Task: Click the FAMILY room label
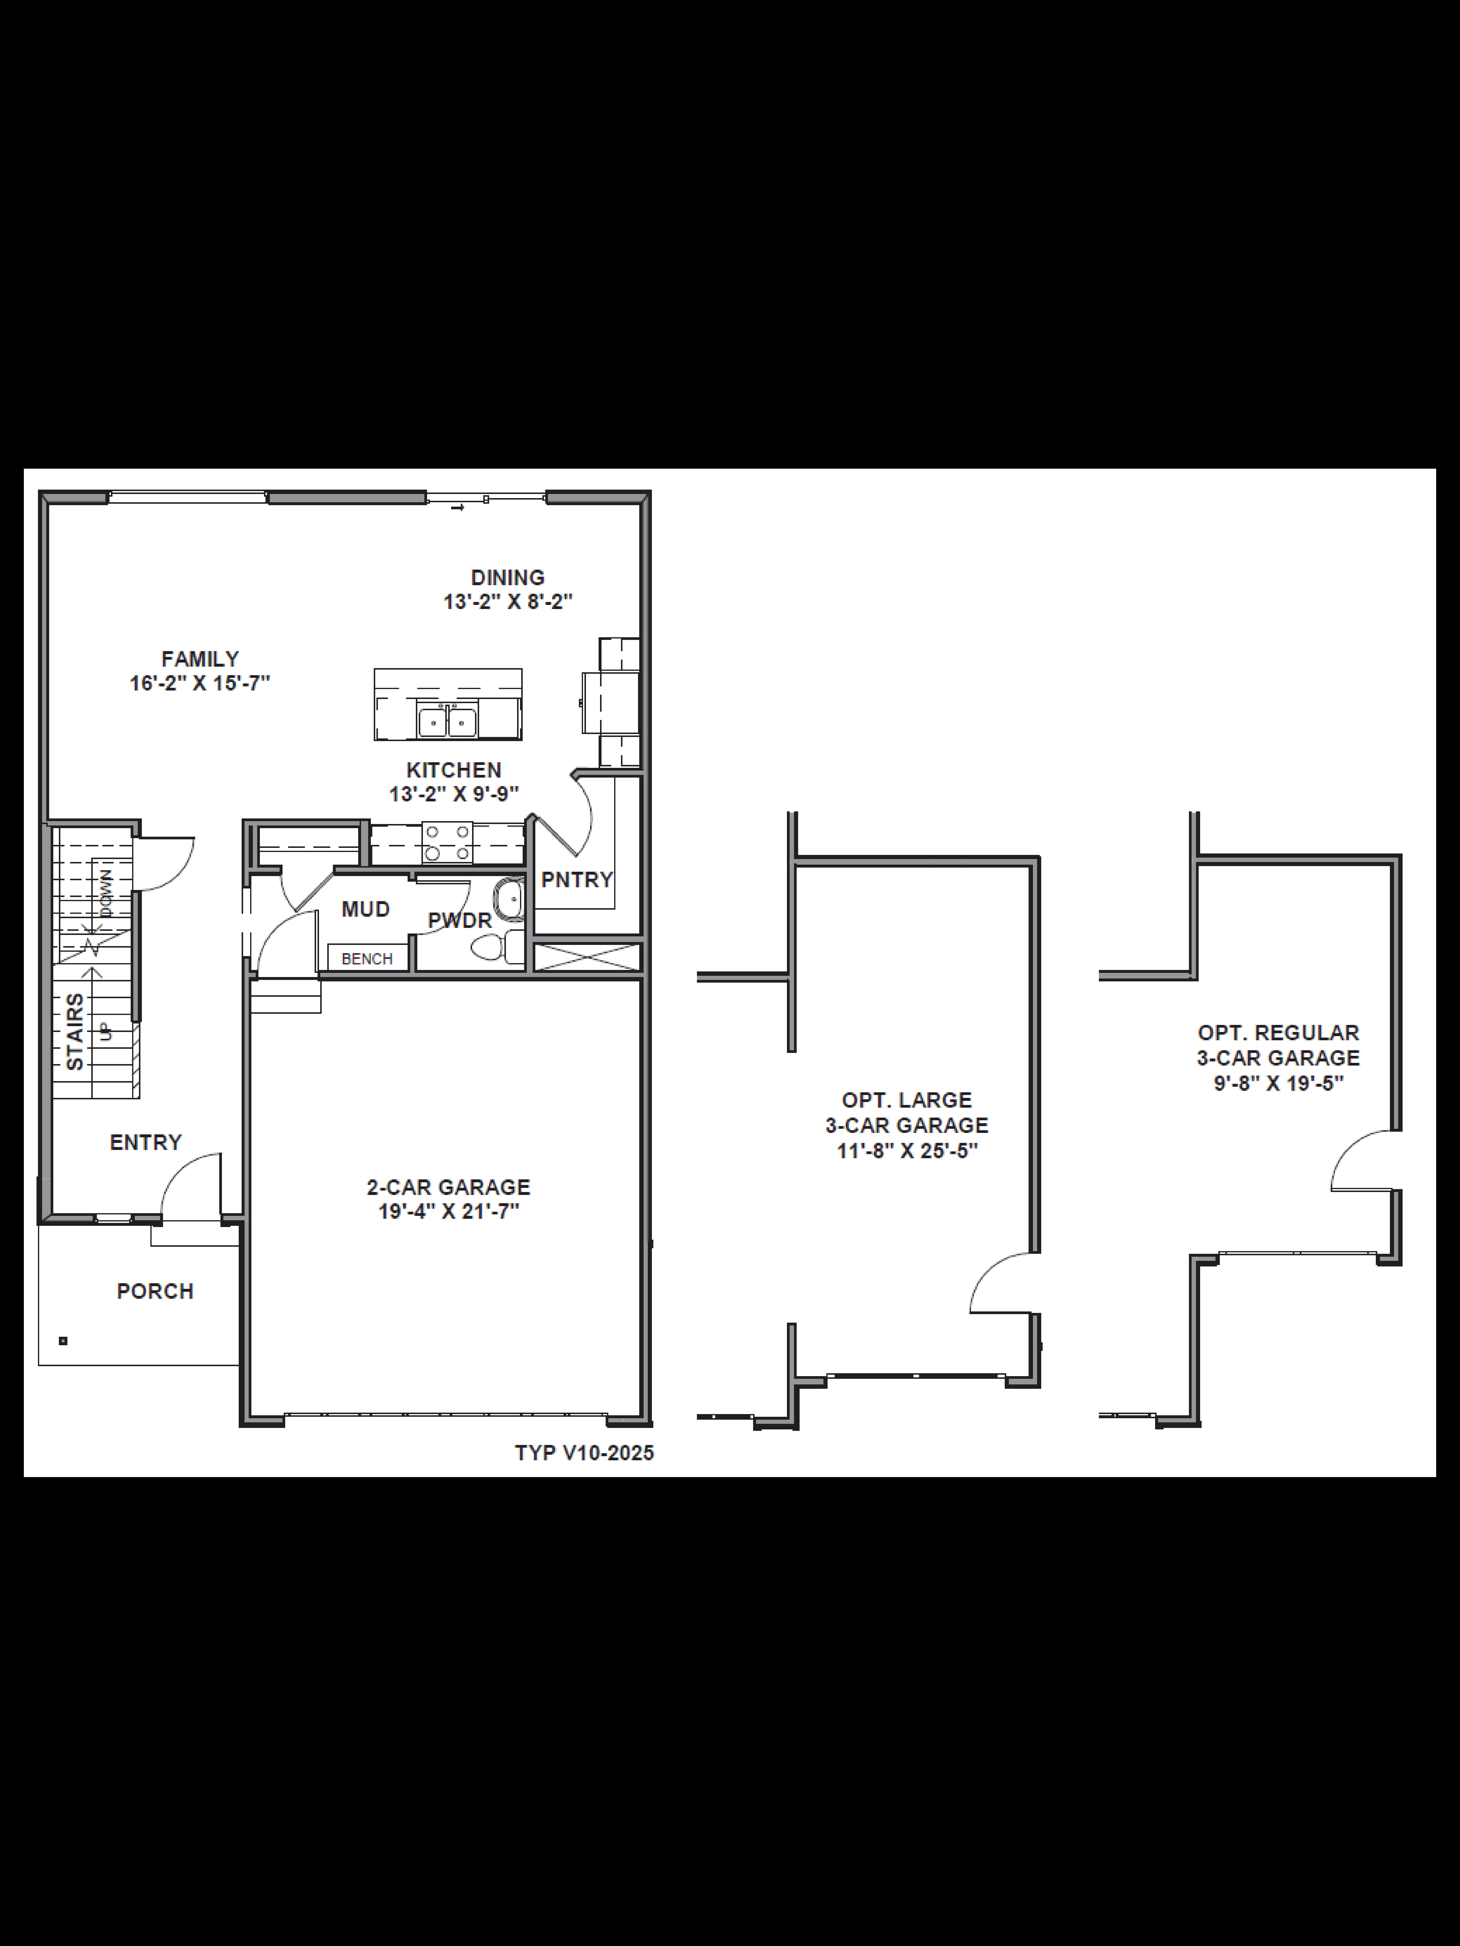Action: click(x=200, y=659)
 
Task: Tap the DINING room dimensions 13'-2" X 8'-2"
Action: click(x=508, y=603)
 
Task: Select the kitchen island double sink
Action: click(x=447, y=721)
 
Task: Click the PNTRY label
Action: click(x=576, y=880)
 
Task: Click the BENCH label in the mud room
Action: click(x=367, y=958)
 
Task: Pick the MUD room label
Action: click(x=365, y=909)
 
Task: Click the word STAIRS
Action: click(x=76, y=1031)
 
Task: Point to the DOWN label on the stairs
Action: click(x=106, y=894)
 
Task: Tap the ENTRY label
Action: click(x=145, y=1142)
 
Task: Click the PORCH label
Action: click(x=155, y=1291)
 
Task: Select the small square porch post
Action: click(x=63, y=1341)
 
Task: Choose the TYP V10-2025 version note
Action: click(x=584, y=1453)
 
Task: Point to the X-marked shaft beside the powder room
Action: click(x=587, y=956)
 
